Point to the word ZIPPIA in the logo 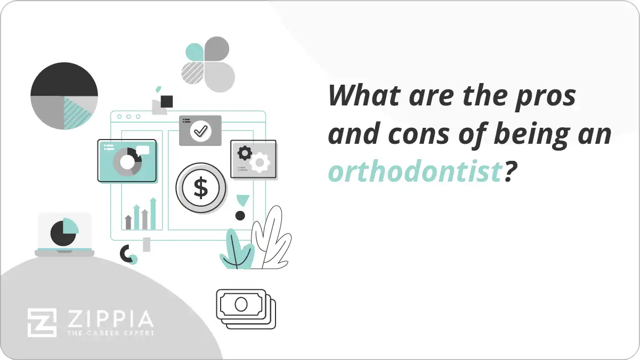(x=110, y=319)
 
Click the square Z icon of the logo (x=42, y=323)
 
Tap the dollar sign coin (x=201, y=187)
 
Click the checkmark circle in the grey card (x=200, y=130)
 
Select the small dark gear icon (x=245, y=153)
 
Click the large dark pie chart (x=64, y=96)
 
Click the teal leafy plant (x=236, y=250)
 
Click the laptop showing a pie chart (x=64, y=234)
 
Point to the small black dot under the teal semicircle (x=240, y=216)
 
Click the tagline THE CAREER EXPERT (x=110, y=333)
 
